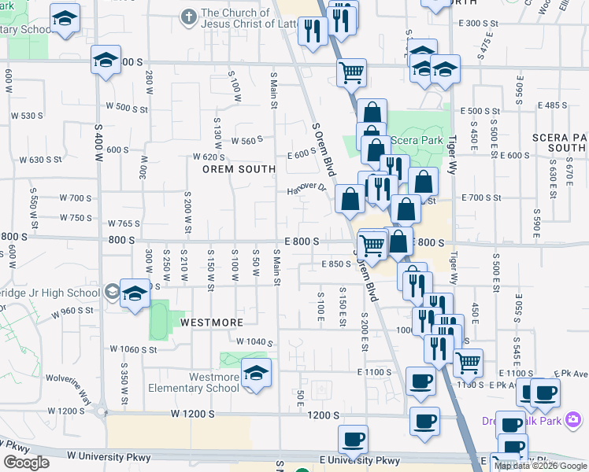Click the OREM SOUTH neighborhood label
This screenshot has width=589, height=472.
click(x=239, y=169)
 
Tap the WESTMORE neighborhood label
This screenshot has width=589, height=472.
click(x=211, y=323)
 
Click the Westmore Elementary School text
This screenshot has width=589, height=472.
click(x=193, y=382)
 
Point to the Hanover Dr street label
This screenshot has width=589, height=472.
click(x=306, y=188)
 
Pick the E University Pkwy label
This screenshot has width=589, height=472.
click(x=360, y=460)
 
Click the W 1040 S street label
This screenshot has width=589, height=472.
click(x=254, y=342)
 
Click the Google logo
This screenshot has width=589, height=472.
click(x=26, y=463)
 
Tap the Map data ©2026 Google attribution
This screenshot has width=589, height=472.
click(x=540, y=466)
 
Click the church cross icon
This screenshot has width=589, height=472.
click(x=187, y=16)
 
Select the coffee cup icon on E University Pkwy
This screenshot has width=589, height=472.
click(x=353, y=439)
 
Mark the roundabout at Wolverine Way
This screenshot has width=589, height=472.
click(x=100, y=410)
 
